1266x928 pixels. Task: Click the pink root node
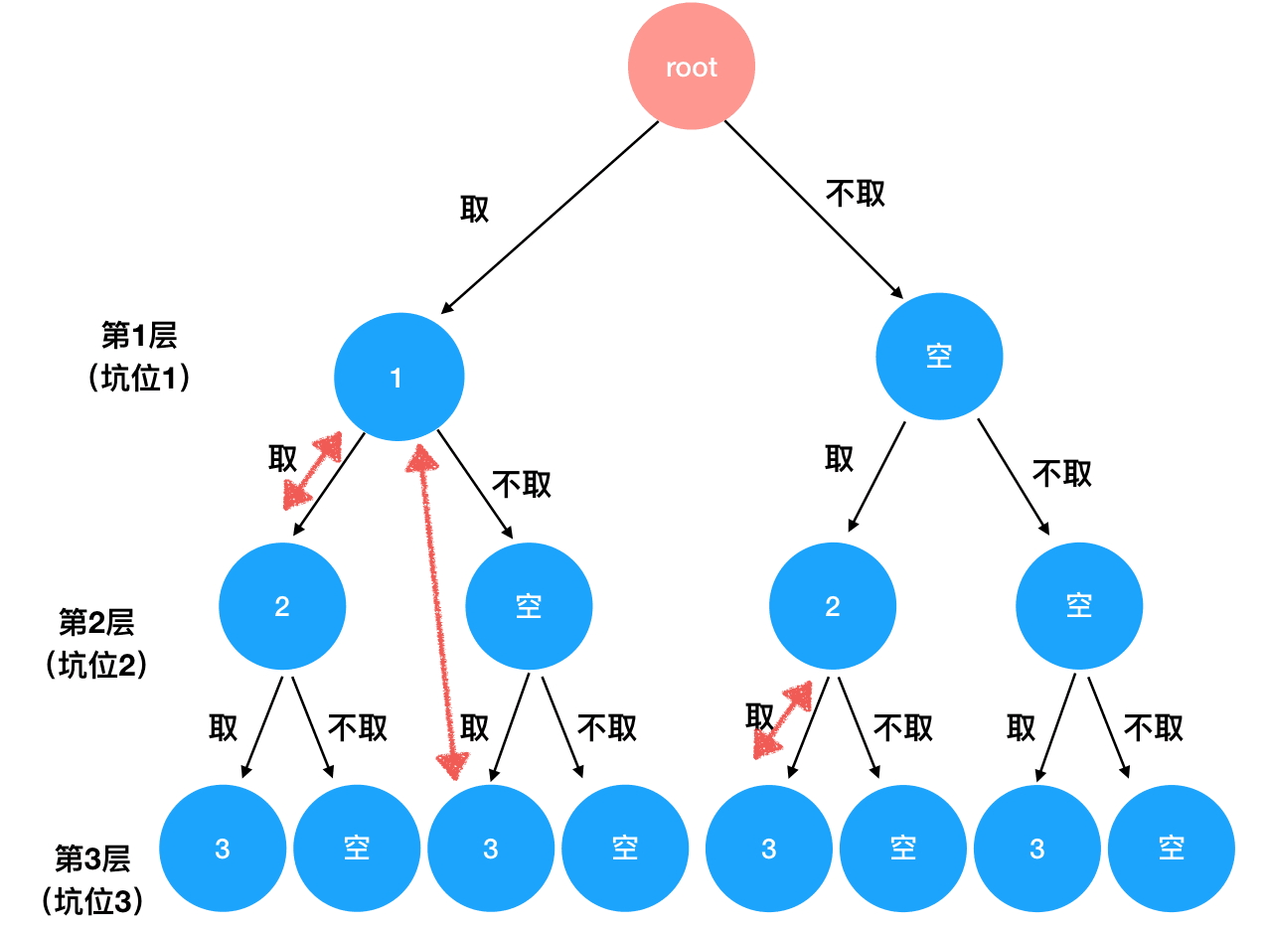[x=692, y=68]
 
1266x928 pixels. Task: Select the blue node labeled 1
[x=398, y=378]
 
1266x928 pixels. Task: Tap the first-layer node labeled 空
[x=939, y=356]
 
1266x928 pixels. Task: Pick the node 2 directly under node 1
[x=282, y=606]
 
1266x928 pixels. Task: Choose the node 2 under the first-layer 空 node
[x=833, y=606]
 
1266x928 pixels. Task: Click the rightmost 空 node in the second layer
[x=1079, y=606]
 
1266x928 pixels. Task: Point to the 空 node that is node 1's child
[x=529, y=606]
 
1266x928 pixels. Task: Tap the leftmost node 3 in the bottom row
[x=223, y=849]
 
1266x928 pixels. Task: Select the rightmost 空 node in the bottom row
[x=1172, y=849]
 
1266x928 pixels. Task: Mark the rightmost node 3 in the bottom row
[x=1037, y=849]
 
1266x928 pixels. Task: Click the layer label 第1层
[x=139, y=336]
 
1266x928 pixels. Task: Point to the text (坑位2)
[x=97, y=665]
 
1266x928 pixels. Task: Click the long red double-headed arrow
[x=438, y=611]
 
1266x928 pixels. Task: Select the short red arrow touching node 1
[x=312, y=471]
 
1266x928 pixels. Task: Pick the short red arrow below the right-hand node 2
[x=783, y=719]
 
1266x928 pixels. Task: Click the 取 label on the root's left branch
[x=474, y=210]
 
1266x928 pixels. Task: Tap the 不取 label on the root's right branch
[x=856, y=194]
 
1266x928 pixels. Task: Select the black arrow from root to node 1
[x=550, y=216]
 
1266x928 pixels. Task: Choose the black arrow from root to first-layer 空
[x=814, y=210]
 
